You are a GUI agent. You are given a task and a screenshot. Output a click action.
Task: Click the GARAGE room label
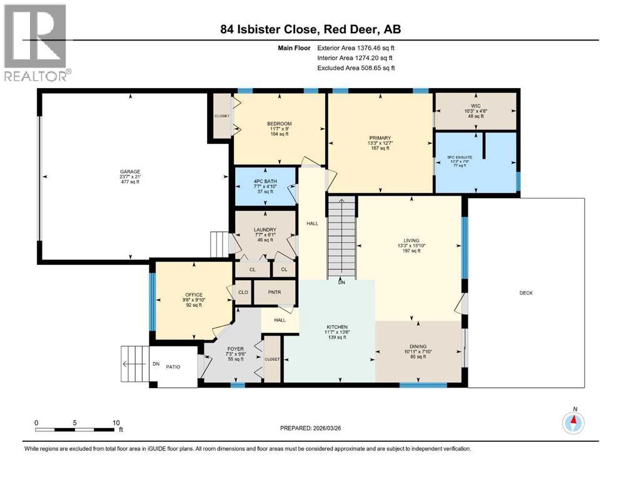coord(130,172)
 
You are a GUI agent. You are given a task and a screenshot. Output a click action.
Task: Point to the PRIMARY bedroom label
coord(380,137)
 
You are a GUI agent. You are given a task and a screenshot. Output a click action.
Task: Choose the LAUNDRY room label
coord(265,229)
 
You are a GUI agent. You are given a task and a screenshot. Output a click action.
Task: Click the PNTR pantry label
coord(275,291)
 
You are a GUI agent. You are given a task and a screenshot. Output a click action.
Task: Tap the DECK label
coord(527,292)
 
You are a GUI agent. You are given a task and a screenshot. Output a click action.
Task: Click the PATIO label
coord(173,367)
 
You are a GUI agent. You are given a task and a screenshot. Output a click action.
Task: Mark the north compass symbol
coord(573,423)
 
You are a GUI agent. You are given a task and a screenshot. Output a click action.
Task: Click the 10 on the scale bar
coord(116,422)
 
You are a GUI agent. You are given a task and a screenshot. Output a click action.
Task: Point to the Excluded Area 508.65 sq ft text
coord(356,67)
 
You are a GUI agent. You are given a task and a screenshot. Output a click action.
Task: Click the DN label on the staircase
coord(341,282)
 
